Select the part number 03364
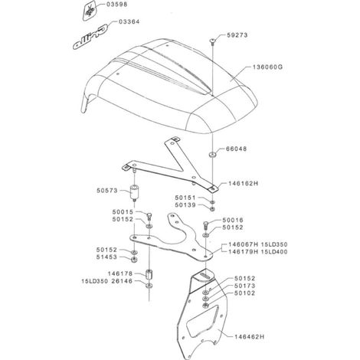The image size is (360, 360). pos(129,21)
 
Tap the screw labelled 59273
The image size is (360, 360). pos(212,41)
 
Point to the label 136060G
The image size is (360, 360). pos(267,67)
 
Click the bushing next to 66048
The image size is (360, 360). pos(212,155)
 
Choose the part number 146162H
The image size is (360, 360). pos(243,183)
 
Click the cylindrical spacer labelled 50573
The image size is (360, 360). pos(134,192)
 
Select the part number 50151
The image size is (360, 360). pos(185,198)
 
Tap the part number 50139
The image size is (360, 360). pos(185,205)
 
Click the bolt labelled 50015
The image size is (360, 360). pos(149,215)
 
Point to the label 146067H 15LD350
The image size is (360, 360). pos(258,244)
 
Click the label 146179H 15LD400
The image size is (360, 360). pos(258,252)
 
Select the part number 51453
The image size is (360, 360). pos(106,257)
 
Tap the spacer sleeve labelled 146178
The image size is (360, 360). pos(149,274)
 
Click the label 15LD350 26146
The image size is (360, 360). pos(107,281)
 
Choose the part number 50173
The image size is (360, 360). pos(244,286)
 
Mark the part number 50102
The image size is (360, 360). pos(244,293)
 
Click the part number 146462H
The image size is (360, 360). pos(250,337)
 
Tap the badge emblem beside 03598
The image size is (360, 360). pos(90,10)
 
